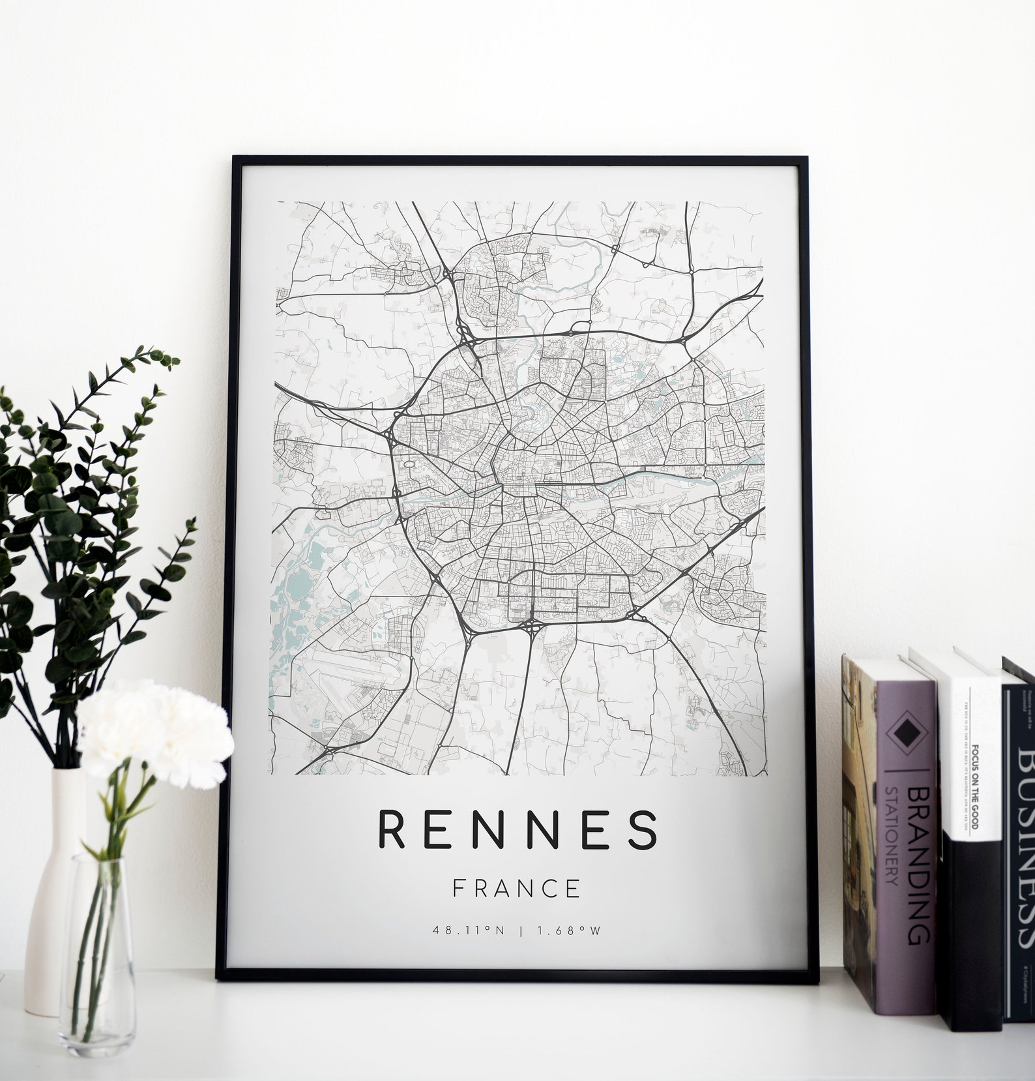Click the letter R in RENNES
(x=391, y=829)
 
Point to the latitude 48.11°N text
(x=469, y=930)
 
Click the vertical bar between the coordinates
(x=520, y=930)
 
